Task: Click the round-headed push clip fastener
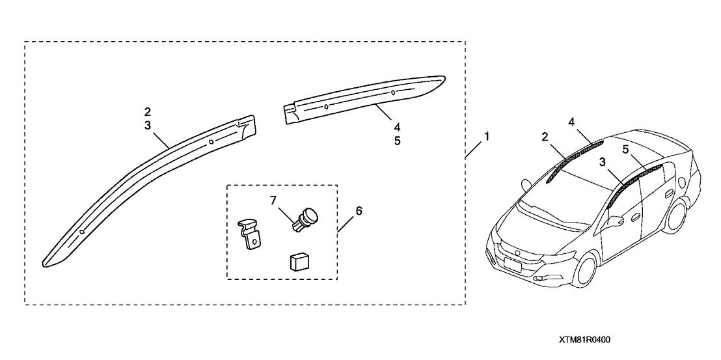tap(305, 218)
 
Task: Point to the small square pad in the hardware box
tap(299, 262)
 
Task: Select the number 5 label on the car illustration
tap(625, 149)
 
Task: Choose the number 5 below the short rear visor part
tap(396, 140)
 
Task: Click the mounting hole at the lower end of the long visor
tap(83, 232)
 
